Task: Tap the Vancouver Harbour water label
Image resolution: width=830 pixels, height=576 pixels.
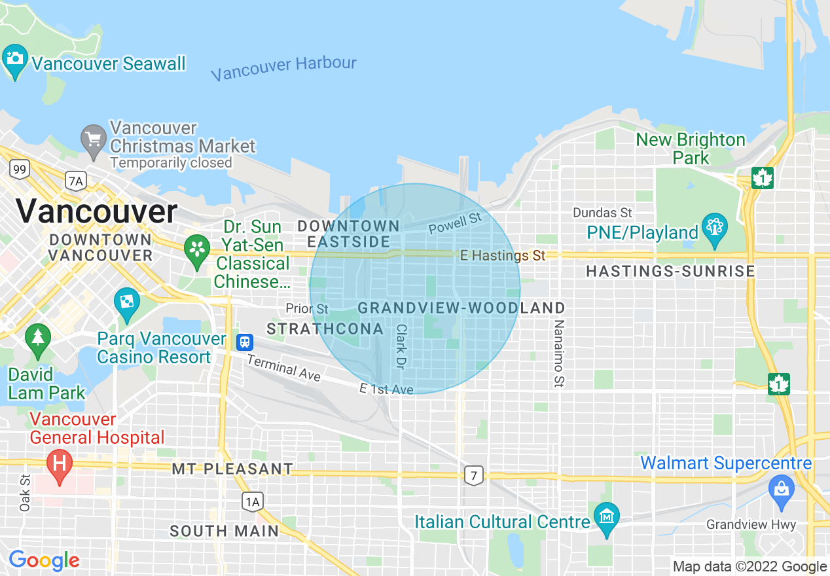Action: pyautogui.click(x=283, y=68)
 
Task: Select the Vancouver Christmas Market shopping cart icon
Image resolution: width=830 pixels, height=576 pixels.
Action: pyautogui.click(x=93, y=139)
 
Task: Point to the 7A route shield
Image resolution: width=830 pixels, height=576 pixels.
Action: pyautogui.click(x=76, y=180)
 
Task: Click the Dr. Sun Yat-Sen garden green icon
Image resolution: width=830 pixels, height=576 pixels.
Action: pyautogui.click(x=196, y=250)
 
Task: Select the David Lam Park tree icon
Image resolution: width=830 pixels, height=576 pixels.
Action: pyautogui.click(x=38, y=338)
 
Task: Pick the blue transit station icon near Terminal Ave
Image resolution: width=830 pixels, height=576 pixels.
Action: pyautogui.click(x=245, y=341)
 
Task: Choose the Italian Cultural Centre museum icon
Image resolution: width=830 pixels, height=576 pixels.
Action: pyautogui.click(x=607, y=517)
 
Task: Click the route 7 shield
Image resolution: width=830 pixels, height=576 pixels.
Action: pyautogui.click(x=473, y=475)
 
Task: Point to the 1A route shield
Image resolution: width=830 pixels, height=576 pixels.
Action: pyautogui.click(x=253, y=501)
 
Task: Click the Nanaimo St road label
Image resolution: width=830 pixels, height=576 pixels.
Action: pyautogui.click(x=558, y=353)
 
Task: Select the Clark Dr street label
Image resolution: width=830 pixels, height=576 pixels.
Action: pyautogui.click(x=401, y=346)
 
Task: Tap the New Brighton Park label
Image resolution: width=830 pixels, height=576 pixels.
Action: pyautogui.click(x=691, y=149)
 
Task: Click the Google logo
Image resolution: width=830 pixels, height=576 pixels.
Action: pyautogui.click(x=44, y=560)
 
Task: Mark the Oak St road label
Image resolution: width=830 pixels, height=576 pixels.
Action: pyautogui.click(x=25, y=493)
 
